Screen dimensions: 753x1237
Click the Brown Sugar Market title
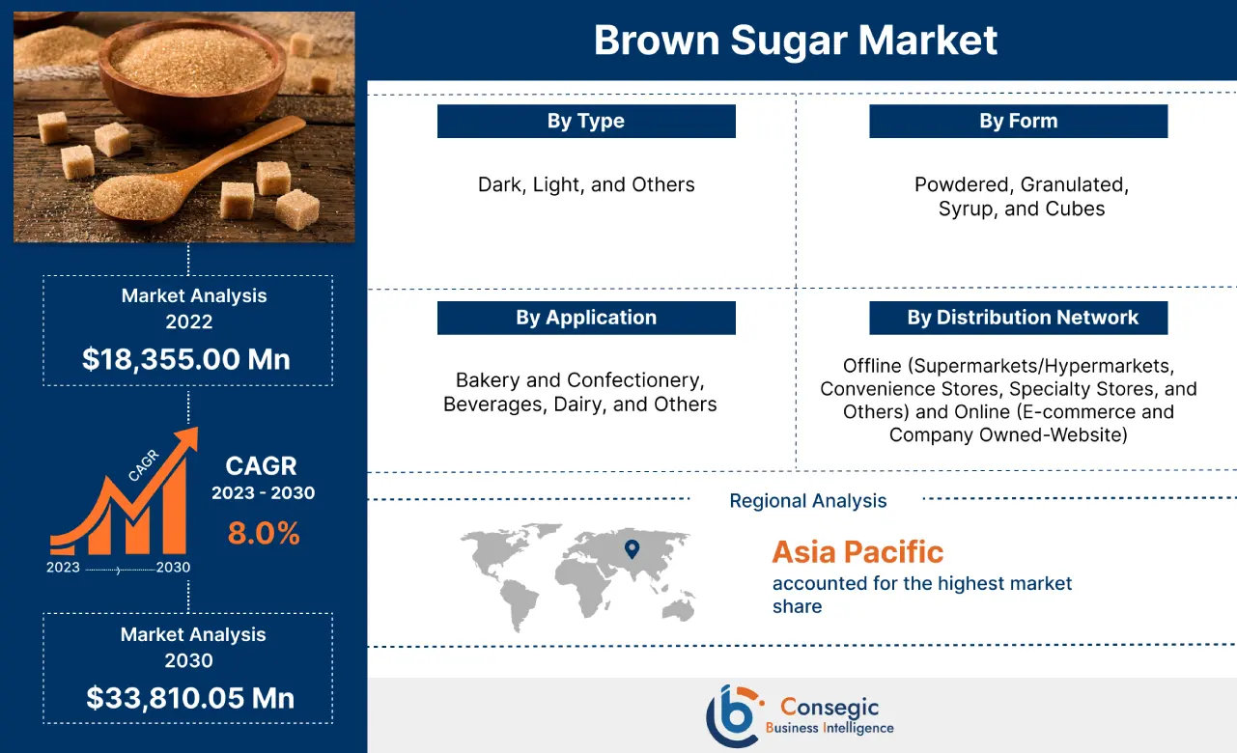(795, 41)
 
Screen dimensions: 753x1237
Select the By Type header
(586, 122)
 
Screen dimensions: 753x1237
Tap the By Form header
(1018, 122)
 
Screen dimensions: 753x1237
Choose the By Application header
(586, 318)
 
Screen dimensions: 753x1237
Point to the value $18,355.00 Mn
(186, 359)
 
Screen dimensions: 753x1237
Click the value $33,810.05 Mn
(189, 697)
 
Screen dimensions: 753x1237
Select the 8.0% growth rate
(264, 533)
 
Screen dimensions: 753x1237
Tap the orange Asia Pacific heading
(857, 552)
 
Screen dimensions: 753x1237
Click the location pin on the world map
(632, 548)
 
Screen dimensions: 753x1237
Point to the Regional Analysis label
(807, 501)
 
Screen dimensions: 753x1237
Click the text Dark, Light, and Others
(586, 184)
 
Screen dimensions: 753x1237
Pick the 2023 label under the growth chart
(63, 568)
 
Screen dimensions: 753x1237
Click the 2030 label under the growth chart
(174, 568)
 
